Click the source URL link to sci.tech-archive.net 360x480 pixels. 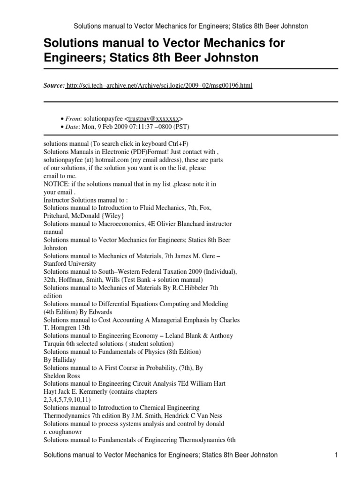click(159, 86)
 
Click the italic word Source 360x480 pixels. click(54, 86)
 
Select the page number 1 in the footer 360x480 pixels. click(336, 455)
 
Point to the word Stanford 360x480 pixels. click(56, 263)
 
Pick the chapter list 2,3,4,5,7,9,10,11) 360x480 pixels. click(67, 399)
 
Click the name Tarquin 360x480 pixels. click(55, 343)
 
